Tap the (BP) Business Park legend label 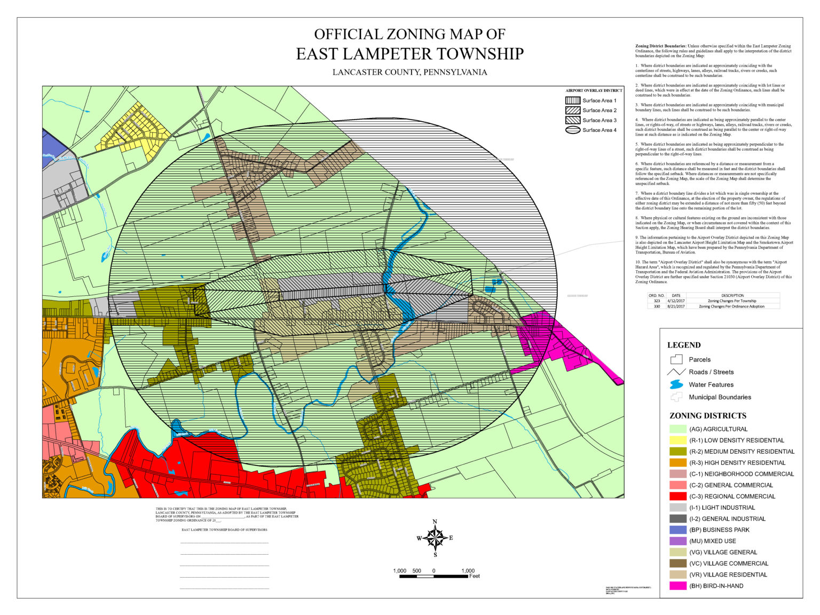719,530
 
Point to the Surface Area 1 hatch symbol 572,100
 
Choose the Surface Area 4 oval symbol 572,130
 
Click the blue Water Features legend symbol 676,384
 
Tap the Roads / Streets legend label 711,372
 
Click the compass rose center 436,538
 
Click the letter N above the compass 435,522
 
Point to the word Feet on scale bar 475,576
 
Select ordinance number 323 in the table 657,301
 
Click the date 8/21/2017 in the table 676,306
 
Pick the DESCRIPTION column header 732,295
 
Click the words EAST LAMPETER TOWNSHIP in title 409,54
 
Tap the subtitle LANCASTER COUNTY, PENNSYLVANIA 409,72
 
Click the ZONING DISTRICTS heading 708,416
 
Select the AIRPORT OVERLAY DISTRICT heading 594,91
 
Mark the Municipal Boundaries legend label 720,397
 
